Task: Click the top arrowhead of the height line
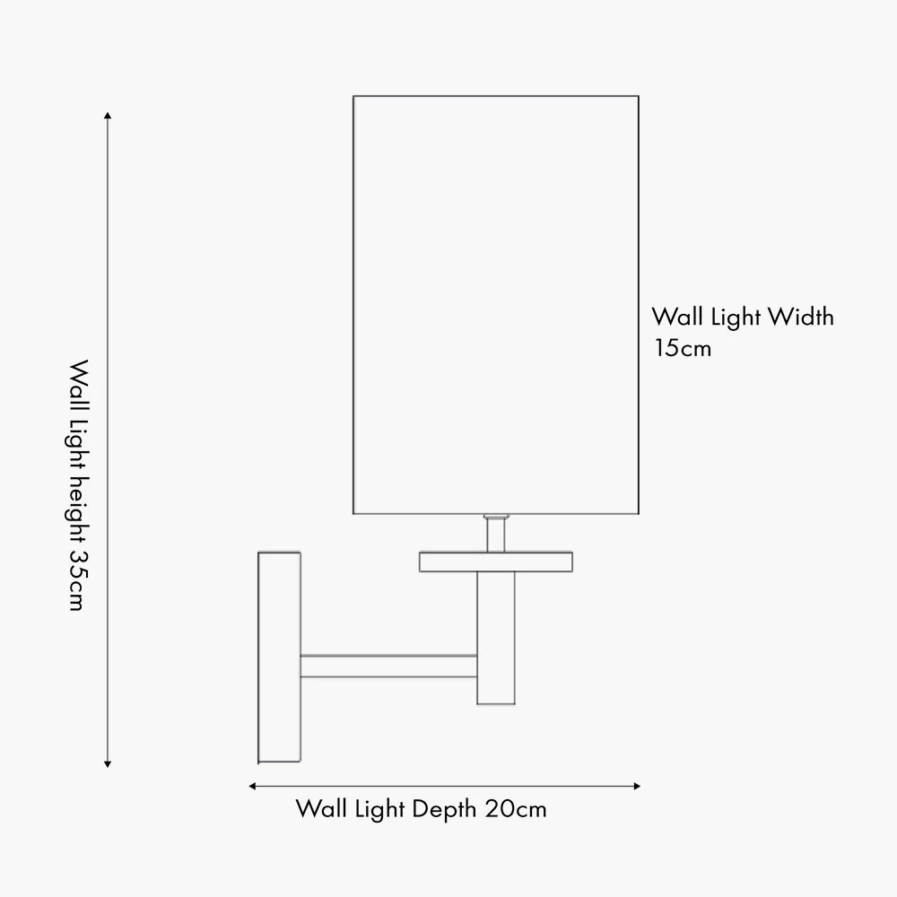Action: [x=108, y=116]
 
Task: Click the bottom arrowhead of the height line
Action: [x=108, y=764]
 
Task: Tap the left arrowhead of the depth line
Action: [x=252, y=786]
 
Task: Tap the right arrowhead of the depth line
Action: [x=637, y=786]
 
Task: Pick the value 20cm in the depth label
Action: [x=516, y=809]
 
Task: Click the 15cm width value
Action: [x=683, y=348]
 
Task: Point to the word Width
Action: [x=800, y=317]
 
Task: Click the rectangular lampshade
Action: [x=496, y=305]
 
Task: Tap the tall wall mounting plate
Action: [x=279, y=658]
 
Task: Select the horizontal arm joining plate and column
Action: [x=388, y=666]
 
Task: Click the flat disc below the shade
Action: [x=496, y=562]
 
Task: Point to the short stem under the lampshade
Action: [x=496, y=533]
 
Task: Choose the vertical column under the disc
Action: [x=496, y=638]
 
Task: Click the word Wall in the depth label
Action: [x=321, y=809]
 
